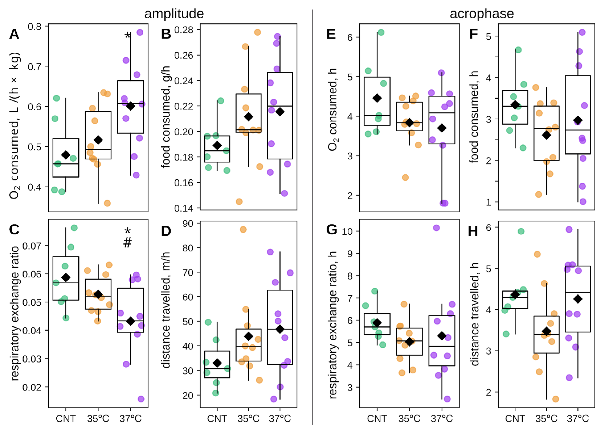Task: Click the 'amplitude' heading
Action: tap(174, 14)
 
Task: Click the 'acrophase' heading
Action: tap(481, 14)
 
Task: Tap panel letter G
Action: tap(331, 229)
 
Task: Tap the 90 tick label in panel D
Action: tap(188, 223)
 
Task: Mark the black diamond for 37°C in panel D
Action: tap(280, 329)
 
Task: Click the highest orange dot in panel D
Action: tap(243, 229)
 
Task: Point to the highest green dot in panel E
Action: tap(381, 32)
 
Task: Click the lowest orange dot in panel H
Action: tap(556, 399)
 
